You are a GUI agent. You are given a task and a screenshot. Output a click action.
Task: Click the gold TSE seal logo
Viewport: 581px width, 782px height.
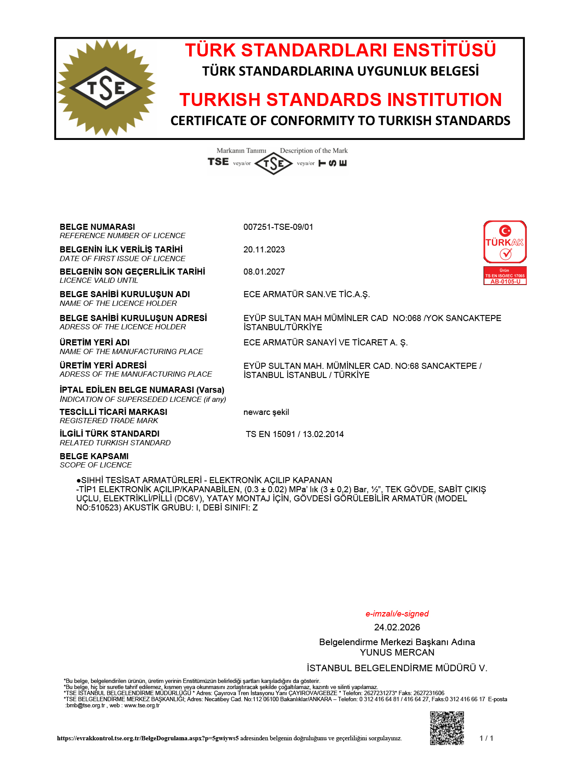[106, 88]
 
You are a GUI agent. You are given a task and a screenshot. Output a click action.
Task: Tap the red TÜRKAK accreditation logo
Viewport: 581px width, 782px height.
[505, 242]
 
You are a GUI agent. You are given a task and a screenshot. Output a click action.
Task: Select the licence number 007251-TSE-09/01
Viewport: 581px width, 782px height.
[278, 227]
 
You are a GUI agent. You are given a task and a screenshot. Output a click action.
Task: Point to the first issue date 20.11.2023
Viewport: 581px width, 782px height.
[264, 249]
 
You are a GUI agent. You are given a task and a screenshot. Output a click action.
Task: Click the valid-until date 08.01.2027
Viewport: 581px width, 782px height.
[264, 272]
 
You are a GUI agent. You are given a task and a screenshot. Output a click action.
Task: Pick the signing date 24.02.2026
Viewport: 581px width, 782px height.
[397, 627]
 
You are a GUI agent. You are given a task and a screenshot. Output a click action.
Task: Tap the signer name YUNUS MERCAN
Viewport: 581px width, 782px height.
[397, 652]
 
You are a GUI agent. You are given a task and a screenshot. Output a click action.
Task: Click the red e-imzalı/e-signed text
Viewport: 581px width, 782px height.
[397, 613]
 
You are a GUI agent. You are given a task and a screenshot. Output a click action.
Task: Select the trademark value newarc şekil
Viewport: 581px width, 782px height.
[266, 412]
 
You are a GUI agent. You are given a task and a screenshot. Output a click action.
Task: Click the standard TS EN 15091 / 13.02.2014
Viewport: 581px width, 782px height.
[295, 434]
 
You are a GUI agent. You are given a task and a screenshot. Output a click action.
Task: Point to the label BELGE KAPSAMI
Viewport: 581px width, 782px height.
[94, 456]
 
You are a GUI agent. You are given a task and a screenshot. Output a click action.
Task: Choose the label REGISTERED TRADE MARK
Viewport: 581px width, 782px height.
[109, 421]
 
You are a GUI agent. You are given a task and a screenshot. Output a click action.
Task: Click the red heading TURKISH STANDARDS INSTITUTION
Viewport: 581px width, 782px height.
[341, 99]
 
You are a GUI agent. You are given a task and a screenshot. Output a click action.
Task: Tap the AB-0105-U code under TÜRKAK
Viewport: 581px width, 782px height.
[505, 282]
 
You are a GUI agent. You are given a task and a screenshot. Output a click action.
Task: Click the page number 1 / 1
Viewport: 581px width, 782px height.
[486, 738]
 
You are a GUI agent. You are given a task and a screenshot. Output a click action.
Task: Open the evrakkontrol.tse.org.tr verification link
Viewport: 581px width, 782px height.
[148, 738]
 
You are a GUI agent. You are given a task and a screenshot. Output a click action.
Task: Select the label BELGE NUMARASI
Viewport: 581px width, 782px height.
[97, 227]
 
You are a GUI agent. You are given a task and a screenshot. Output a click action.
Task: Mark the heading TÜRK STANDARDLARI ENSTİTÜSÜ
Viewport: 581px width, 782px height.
[341, 50]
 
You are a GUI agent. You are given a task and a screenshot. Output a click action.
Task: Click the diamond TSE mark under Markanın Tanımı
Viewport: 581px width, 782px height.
[274, 164]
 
